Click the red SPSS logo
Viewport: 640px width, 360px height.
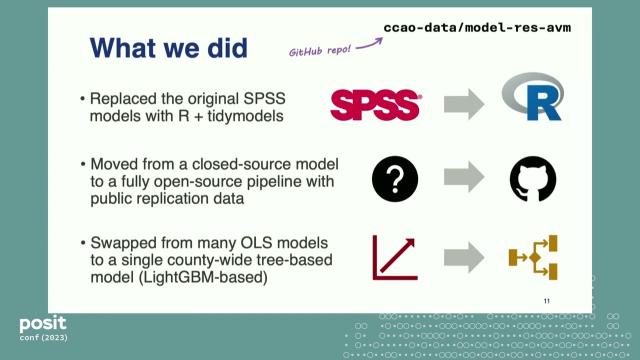click(376, 102)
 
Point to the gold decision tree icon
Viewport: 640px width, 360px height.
click(532, 257)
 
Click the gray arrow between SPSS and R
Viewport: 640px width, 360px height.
click(463, 103)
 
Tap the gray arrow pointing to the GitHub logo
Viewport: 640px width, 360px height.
click(463, 179)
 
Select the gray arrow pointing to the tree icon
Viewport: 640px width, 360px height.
click(463, 257)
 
